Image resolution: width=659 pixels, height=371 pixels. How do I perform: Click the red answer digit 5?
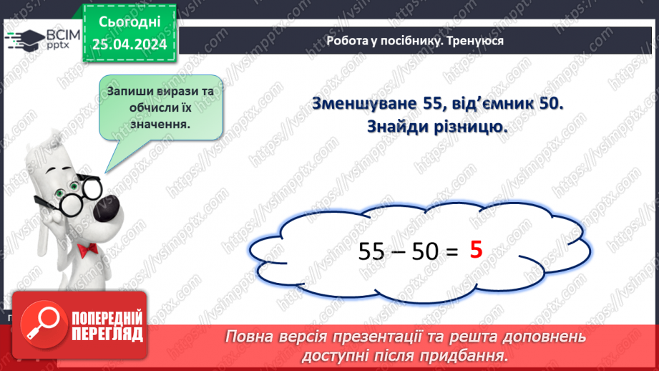pos(477,250)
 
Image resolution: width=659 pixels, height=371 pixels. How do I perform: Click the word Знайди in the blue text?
pos(398,127)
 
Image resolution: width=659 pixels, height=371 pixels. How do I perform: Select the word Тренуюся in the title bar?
pos(478,41)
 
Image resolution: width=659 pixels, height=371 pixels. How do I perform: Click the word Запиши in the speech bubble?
pos(128,92)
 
